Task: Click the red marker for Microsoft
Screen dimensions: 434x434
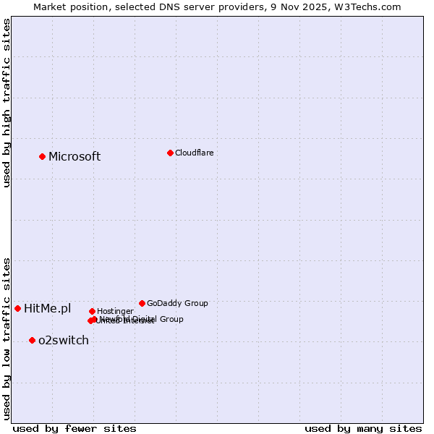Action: (42, 156)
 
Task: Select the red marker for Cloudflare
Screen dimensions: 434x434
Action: (170, 153)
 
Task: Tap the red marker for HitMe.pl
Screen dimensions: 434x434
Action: (17, 308)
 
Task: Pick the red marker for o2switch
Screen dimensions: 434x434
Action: (32, 340)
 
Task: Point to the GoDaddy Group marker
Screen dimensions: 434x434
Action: (142, 303)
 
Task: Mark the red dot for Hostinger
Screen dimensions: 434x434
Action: (92, 311)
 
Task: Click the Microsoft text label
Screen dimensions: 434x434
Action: (75, 157)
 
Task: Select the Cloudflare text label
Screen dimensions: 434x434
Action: (194, 153)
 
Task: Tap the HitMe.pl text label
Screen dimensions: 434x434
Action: (48, 309)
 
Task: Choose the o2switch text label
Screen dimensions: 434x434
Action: (64, 341)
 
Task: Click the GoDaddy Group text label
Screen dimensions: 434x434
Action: (177, 303)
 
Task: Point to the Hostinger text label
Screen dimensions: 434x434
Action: (115, 311)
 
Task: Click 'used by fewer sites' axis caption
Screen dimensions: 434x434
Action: (75, 428)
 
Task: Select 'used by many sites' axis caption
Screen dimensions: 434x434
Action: (363, 428)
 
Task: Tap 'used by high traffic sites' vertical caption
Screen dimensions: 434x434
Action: (7, 103)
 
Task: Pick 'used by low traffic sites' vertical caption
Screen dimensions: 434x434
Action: (7, 338)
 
